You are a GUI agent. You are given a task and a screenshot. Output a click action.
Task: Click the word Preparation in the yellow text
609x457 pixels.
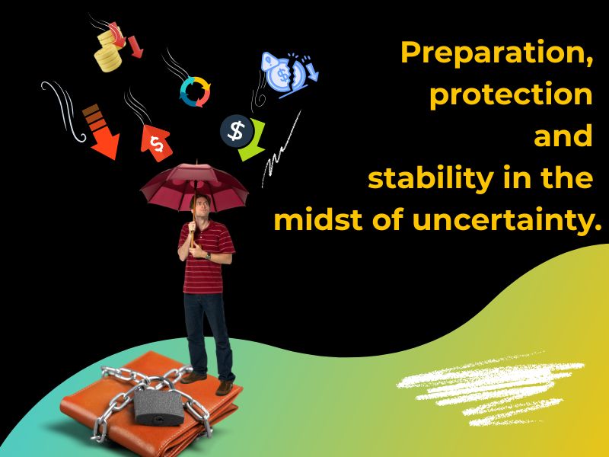pyautogui.click(x=494, y=53)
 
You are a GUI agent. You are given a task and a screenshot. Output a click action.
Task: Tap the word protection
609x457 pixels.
pyautogui.click(x=511, y=95)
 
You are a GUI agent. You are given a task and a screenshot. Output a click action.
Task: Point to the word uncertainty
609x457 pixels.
pyautogui.click(x=501, y=220)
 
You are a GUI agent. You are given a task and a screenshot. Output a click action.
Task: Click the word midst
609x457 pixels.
pyautogui.click(x=318, y=219)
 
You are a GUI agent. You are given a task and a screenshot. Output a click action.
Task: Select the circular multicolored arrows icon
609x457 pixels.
pyautogui.click(x=195, y=91)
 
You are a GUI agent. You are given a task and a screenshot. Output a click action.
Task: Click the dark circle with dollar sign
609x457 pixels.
pyautogui.click(x=237, y=131)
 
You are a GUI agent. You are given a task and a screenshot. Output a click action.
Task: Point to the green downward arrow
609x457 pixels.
pyautogui.click(x=253, y=141)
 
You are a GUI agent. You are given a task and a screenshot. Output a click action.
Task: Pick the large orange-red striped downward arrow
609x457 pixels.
pyautogui.click(x=101, y=131)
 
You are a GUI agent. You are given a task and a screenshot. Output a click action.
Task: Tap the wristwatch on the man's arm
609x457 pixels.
pyautogui.click(x=209, y=256)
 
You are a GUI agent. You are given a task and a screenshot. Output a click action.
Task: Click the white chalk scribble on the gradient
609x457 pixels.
pyautogui.click(x=490, y=388)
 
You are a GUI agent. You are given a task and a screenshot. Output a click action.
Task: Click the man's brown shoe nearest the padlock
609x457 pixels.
pyautogui.click(x=193, y=377)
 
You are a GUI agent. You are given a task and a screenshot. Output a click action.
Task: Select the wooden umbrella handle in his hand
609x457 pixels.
pyautogui.click(x=193, y=232)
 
